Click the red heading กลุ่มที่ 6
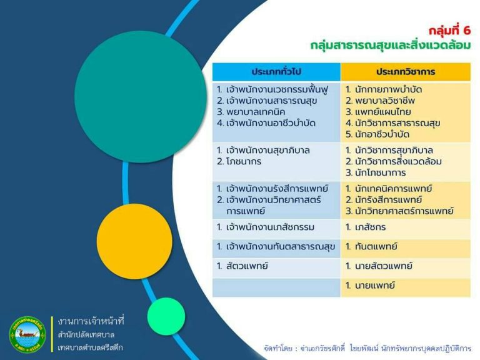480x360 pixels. tap(449, 30)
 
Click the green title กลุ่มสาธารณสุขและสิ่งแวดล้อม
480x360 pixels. tap(390, 45)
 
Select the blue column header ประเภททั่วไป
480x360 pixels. tap(276, 72)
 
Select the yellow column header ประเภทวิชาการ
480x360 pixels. tap(406, 72)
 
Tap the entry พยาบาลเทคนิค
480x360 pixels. tap(256, 112)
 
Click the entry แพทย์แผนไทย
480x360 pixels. tap(382, 112)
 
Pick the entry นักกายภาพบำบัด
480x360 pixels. tap(388, 89)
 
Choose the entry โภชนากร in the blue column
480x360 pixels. tap(244, 161)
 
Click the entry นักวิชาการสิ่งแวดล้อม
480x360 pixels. tap(398, 161)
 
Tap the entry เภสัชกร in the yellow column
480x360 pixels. tap(370, 227)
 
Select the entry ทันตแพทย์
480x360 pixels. tap(376, 246)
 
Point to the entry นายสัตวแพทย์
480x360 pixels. tap(383, 266)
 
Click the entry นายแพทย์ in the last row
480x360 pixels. tap(375, 285)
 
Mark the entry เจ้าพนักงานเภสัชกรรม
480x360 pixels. tap(270, 227)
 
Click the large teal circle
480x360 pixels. tap(141, 96)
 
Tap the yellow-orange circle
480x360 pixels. tap(134, 241)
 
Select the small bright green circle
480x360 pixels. tap(166, 316)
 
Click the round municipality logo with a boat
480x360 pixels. tap(28, 334)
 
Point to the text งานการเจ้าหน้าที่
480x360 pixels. tap(91, 321)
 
